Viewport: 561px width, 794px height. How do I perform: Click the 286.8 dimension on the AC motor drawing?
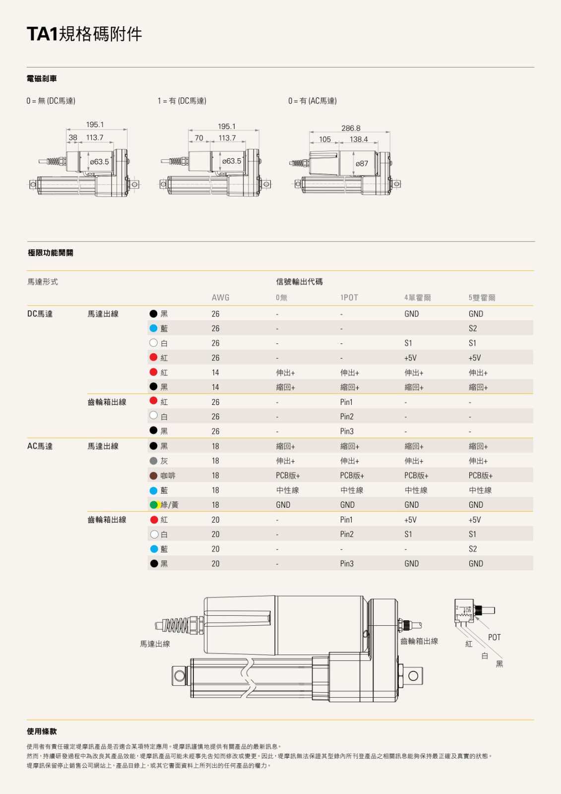click(351, 128)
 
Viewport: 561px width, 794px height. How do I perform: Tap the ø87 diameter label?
click(362, 164)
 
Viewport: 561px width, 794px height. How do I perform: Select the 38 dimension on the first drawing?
click(73, 137)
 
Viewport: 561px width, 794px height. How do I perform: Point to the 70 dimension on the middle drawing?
click(199, 138)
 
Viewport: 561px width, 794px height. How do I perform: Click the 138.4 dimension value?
click(359, 139)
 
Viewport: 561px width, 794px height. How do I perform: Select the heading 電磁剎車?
click(42, 78)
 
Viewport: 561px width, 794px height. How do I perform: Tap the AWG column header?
click(220, 298)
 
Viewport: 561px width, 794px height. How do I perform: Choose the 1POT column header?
click(349, 298)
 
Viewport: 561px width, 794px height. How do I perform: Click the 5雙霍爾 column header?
click(482, 298)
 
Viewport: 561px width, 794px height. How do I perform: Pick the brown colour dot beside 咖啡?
click(154, 475)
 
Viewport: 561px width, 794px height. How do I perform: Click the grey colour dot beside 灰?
click(154, 461)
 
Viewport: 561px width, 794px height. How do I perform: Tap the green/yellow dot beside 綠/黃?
click(154, 505)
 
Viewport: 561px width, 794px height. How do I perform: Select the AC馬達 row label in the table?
click(40, 446)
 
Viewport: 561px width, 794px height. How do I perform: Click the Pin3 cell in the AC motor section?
click(347, 564)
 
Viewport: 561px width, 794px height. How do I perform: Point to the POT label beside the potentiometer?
click(495, 637)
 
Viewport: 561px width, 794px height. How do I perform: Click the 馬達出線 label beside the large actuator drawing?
click(155, 644)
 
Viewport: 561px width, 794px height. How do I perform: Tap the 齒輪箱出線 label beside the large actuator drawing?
click(419, 641)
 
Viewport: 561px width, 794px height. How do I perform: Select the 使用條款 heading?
click(42, 731)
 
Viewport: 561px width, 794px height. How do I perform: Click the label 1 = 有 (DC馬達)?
click(182, 101)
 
